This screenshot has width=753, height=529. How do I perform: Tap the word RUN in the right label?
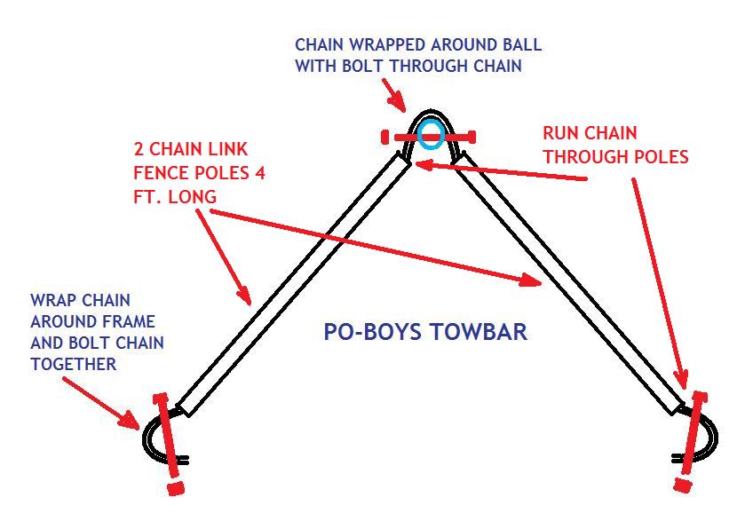tap(561, 134)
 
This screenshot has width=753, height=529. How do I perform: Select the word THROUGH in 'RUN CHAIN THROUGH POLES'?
tap(584, 157)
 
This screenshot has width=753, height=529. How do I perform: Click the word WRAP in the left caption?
tap(52, 302)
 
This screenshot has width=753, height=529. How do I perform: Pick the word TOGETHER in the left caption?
tap(74, 364)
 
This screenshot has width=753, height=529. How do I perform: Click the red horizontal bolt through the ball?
tap(429, 137)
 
